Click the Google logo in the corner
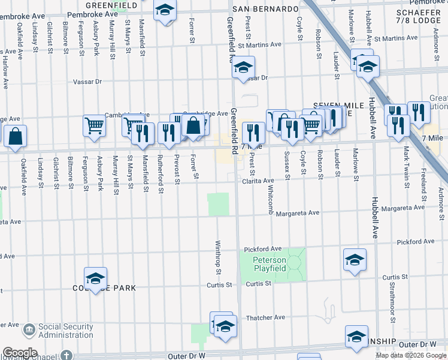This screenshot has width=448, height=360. tap(20, 353)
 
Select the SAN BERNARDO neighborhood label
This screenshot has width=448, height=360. tap(265, 10)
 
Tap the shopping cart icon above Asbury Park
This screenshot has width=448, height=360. tap(95, 126)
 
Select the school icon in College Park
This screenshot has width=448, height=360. tap(95, 278)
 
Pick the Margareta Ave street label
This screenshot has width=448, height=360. tap(298, 212)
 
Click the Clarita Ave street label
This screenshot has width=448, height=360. tap(258, 180)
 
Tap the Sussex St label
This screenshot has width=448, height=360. tap(287, 166)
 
